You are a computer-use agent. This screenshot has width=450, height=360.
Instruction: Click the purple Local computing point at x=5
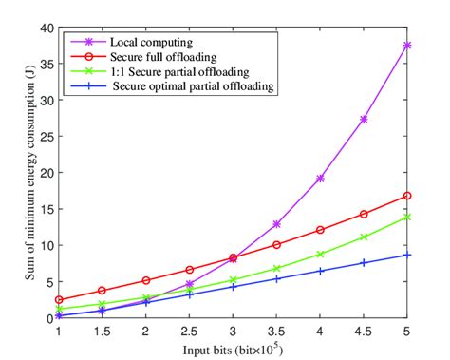click(407, 45)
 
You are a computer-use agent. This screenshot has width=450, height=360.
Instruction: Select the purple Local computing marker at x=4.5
click(364, 119)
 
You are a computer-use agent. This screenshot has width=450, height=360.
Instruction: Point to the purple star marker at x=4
click(320, 178)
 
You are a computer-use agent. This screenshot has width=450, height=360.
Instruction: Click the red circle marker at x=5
click(407, 196)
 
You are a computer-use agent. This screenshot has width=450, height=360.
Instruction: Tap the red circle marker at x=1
click(59, 299)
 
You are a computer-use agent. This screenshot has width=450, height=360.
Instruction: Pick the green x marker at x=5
click(407, 218)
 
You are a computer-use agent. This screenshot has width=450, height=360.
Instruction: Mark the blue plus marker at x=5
click(407, 255)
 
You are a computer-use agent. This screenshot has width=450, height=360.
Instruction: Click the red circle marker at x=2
click(146, 280)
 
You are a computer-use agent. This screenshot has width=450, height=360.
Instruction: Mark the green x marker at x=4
click(320, 255)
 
